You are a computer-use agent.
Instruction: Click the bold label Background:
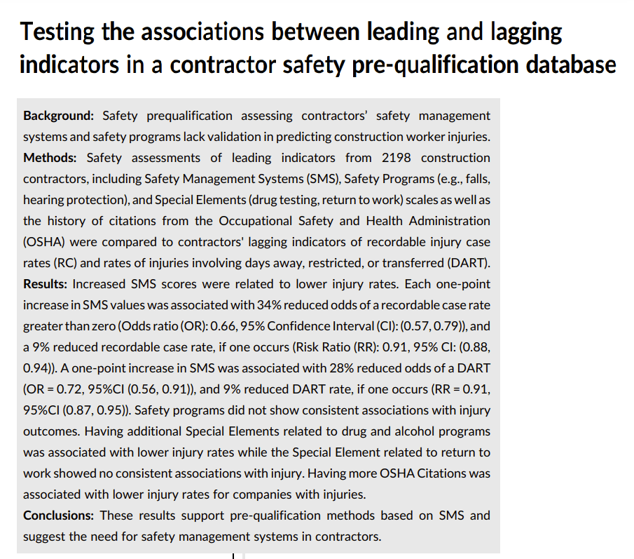click(57, 115)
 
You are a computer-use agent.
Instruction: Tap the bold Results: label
click(45, 284)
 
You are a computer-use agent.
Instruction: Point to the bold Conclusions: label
click(58, 516)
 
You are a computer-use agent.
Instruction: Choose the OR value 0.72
click(71, 389)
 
